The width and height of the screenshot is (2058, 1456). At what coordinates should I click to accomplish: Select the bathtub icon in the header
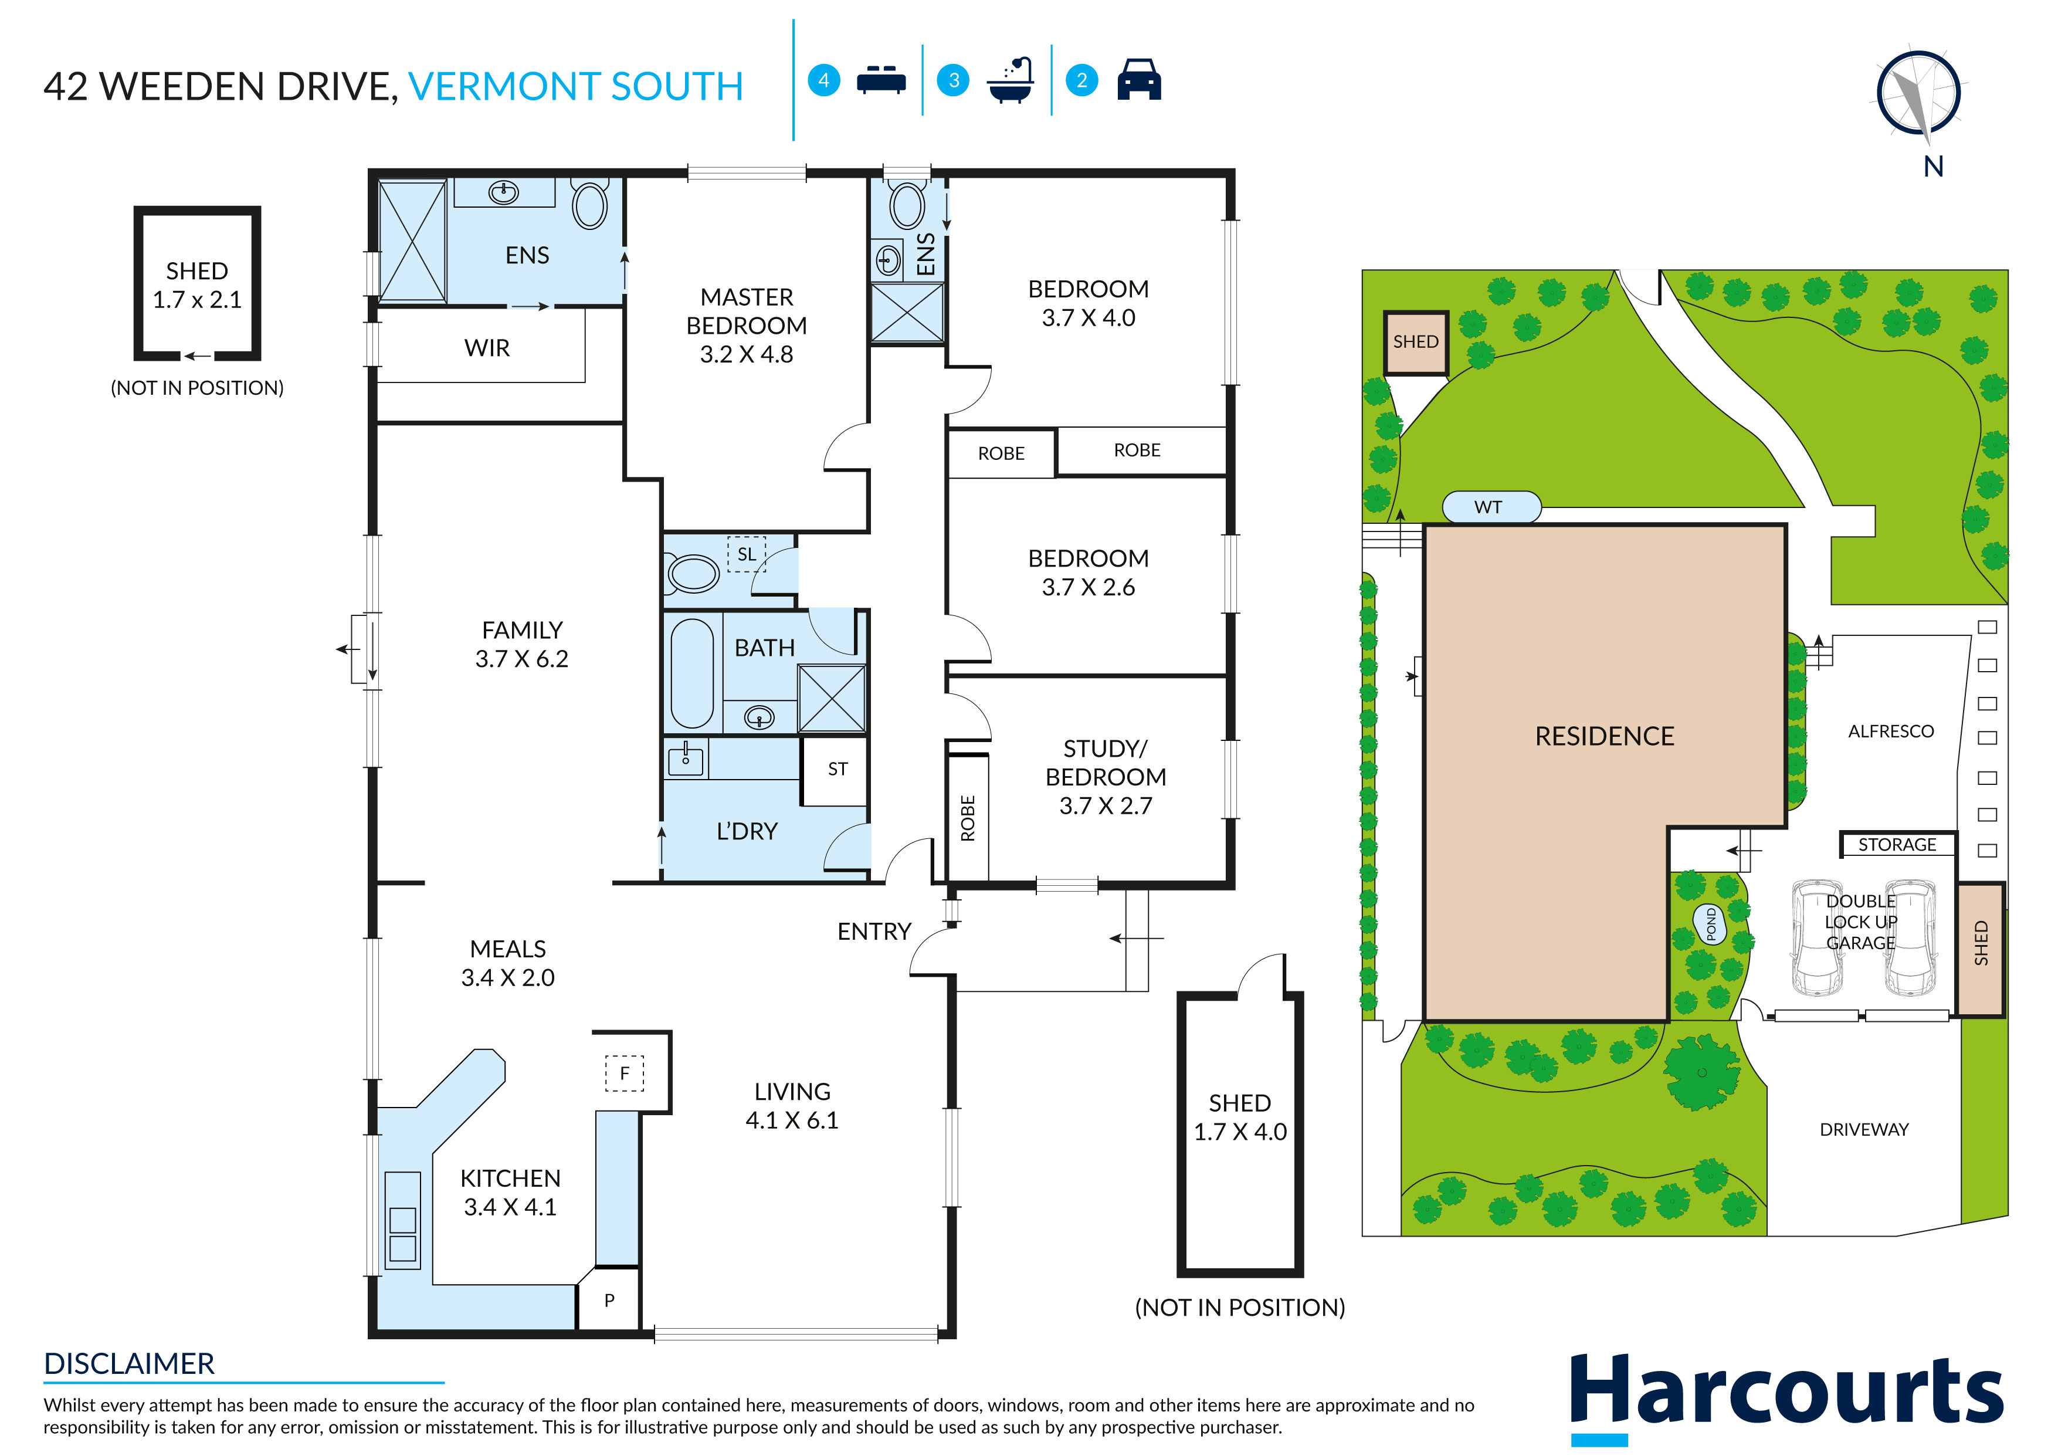[x=1010, y=81]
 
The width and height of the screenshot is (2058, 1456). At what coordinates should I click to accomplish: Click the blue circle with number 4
[x=824, y=81]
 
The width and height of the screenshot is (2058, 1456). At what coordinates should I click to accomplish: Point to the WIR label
[x=487, y=348]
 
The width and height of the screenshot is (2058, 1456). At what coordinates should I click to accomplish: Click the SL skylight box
[x=746, y=554]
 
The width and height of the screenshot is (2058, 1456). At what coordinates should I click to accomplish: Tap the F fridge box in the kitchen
[x=625, y=1073]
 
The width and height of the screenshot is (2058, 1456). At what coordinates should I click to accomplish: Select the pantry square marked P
[x=609, y=1300]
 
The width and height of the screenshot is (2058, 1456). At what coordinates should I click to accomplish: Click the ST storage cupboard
[x=836, y=769]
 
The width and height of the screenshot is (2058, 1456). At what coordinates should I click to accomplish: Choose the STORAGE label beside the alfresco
[x=1897, y=845]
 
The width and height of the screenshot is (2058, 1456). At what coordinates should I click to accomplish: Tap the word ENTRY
[x=874, y=932]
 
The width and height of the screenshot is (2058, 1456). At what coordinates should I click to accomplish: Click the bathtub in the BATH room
[x=692, y=672]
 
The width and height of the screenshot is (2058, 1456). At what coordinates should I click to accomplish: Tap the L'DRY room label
[x=747, y=831]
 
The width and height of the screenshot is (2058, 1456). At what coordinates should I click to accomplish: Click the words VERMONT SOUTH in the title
[x=575, y=87]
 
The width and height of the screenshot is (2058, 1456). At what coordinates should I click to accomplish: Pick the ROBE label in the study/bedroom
[x=967, y=818]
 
